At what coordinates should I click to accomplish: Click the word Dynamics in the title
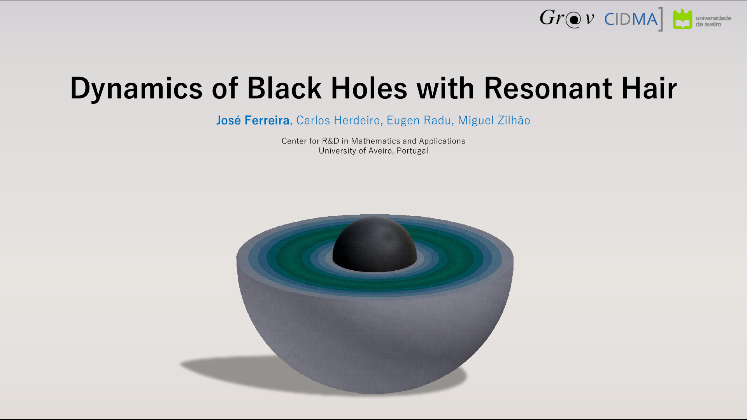(x=136, y=89)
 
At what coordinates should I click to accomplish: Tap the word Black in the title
(x=284, y=88)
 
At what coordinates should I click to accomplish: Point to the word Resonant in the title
(x=548, y=88)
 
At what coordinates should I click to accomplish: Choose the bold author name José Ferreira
(x=253, y=121)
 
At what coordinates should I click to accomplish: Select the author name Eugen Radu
(x=419, y=121)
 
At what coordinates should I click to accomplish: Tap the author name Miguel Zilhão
(x=494, y=121)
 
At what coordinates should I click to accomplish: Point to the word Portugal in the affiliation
(x=412, y=151)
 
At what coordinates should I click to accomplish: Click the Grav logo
(x=566, y=19)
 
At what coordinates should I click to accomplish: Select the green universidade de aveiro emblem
(x=682, y=19)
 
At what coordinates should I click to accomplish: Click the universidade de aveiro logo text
(x=713, y=21)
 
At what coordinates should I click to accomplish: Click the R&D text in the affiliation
(x=330, y=141)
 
